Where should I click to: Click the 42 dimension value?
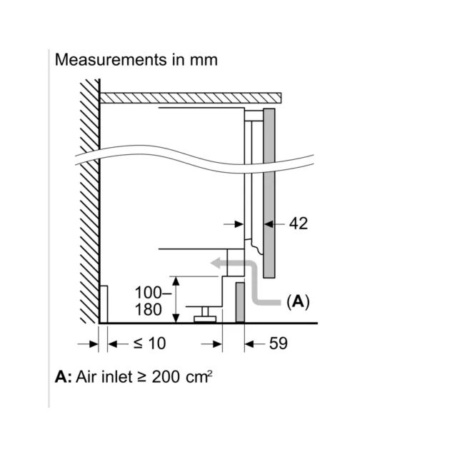coord(298,224)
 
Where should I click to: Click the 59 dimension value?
coord(278,343)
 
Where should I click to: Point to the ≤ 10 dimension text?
coord(150,343)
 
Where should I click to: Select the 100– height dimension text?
coord(153,292)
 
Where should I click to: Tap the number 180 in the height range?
coord(148,309)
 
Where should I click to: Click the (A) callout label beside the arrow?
coord(298,302)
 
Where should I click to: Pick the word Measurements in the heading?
coord(111,60)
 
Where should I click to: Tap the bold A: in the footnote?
coord(63,376)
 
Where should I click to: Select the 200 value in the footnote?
coord(166,376)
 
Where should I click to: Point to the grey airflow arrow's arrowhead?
coord(216,263)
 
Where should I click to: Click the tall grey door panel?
coord(269,194)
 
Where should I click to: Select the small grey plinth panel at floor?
coord(240,302)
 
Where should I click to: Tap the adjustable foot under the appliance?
coord(205,314)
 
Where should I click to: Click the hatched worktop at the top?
coord(191,98)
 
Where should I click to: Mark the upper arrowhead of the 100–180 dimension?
coord(176,281)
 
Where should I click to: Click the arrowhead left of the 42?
coord(268,224)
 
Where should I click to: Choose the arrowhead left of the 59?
coord(249,344)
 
